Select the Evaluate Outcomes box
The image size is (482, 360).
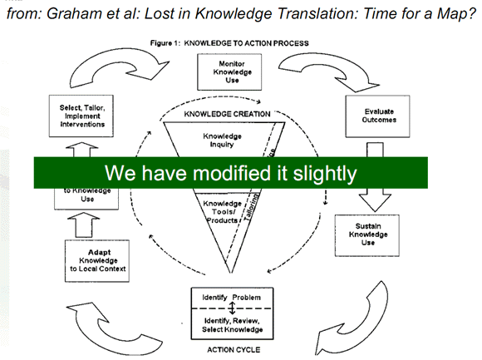(375, 115)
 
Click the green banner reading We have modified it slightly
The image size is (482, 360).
(231, 173)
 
